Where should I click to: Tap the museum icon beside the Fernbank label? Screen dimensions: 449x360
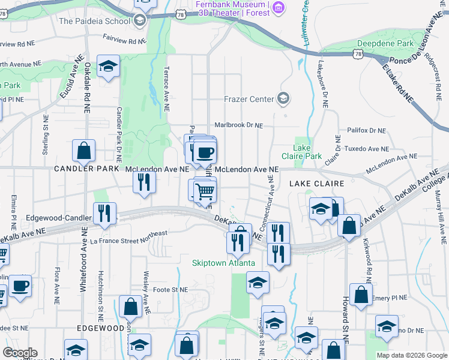click(279, 7)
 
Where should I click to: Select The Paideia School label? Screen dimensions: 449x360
click(95, 21)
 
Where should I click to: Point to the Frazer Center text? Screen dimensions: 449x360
click(249, 99)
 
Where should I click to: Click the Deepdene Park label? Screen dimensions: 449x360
click(385, 43)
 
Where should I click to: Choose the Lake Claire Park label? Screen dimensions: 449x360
click(307, 152)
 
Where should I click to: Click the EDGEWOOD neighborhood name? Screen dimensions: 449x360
click(100, 328)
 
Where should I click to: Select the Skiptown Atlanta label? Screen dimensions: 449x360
click(224, 263)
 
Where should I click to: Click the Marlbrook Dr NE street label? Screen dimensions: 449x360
click(239, 125)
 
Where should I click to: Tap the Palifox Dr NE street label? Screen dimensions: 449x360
click(366, 130)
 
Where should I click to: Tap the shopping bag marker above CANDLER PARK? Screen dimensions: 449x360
click(83, 151)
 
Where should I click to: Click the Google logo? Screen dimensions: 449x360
click(20, 353)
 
